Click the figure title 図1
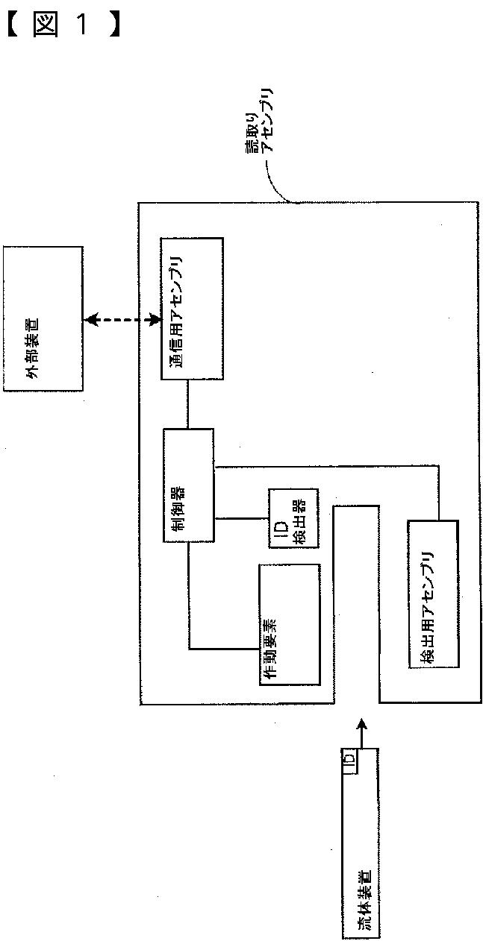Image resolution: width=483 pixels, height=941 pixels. (63, 24)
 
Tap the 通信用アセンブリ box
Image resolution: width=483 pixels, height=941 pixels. (192, 309)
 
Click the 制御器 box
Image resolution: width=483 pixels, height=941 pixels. (188, 485)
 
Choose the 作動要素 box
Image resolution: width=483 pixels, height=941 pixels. (289, 624)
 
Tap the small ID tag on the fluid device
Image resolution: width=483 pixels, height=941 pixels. (349, 761)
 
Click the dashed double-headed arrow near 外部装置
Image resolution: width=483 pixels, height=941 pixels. (123, 320)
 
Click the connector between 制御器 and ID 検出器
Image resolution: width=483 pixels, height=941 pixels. (241, 517)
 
